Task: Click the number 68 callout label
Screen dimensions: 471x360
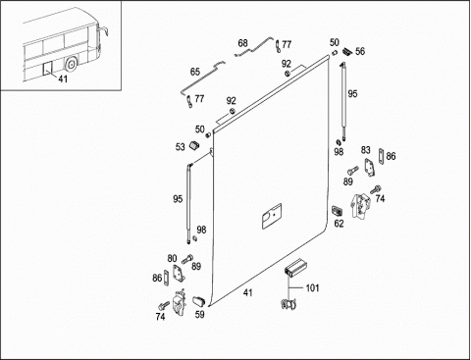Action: click(x=242, y=43)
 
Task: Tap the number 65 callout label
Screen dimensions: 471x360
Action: click(x=195, y=72)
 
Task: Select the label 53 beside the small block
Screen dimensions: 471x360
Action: click(x=181, y=147)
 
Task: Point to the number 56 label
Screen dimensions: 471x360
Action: click(x=360, y=51)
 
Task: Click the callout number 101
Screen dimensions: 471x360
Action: click(x=312, y=288)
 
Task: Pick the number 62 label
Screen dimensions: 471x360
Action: click(x=340, y=224)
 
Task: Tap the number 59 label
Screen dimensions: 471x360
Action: click(x=199, y=314)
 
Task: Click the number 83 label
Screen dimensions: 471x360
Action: click(x=366, y=150)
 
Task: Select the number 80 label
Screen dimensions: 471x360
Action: click(x=172, y=259)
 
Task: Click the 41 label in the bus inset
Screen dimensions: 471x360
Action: click(x=63, y=78)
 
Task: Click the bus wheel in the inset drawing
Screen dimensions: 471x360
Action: click(x=71, y=64)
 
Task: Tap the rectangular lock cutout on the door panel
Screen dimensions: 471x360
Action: click(x=272, y=216)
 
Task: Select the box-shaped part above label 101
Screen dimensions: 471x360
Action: click(x=294, y=268)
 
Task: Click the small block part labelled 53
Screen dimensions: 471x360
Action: click(x=194, y=145)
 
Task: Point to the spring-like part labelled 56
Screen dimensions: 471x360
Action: click(x=346, y=52)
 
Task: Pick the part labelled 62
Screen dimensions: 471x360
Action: click(x=337, y=211)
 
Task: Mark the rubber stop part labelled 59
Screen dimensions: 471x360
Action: click(x=198, y=301)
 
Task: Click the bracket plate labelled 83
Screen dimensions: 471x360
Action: click(x=370, y=167)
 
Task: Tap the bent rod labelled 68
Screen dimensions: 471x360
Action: click(x=254, y=47)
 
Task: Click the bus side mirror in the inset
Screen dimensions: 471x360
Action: click(x=102, y=31)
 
